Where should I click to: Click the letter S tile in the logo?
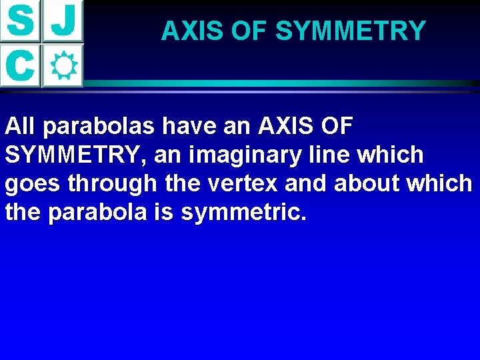pyautogui.click(x=21, y=21)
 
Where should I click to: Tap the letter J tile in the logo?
pyautogui.click(x=63, y=21)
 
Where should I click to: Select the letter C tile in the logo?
pyautogui.click(x=21, y=65)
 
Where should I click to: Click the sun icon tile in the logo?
pyautogui.click(x=63, y=65)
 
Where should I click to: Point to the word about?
pyautogui.click(x=369, y=183)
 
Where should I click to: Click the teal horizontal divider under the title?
pyautogui.click(x=280, y=83)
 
